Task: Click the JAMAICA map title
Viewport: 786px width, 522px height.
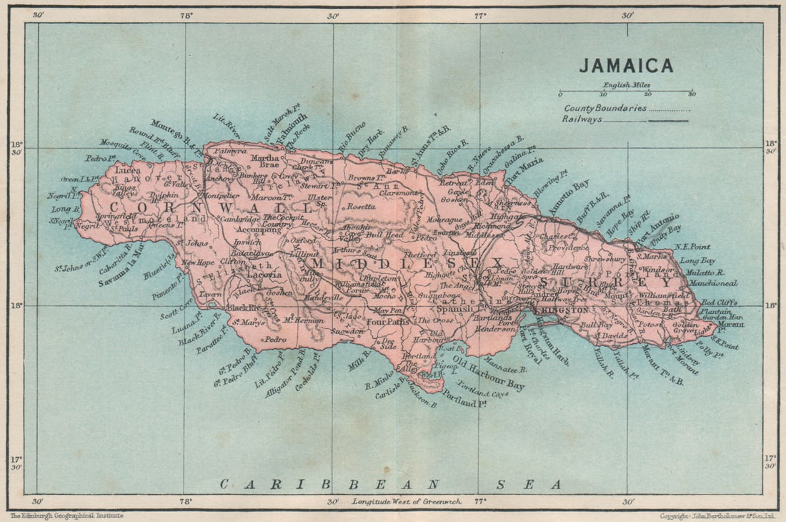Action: point(626,65)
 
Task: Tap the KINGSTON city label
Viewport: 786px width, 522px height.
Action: point(564,310)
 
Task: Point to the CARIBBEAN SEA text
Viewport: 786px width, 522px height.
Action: point(389,485)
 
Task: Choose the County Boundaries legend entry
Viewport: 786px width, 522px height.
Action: point(605,108)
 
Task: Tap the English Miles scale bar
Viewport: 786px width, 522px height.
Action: point(626,92)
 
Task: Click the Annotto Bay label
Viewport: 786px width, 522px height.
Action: point(569,197)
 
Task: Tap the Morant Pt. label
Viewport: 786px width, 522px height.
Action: point(731,327)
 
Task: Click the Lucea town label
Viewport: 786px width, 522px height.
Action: point(127,171)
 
